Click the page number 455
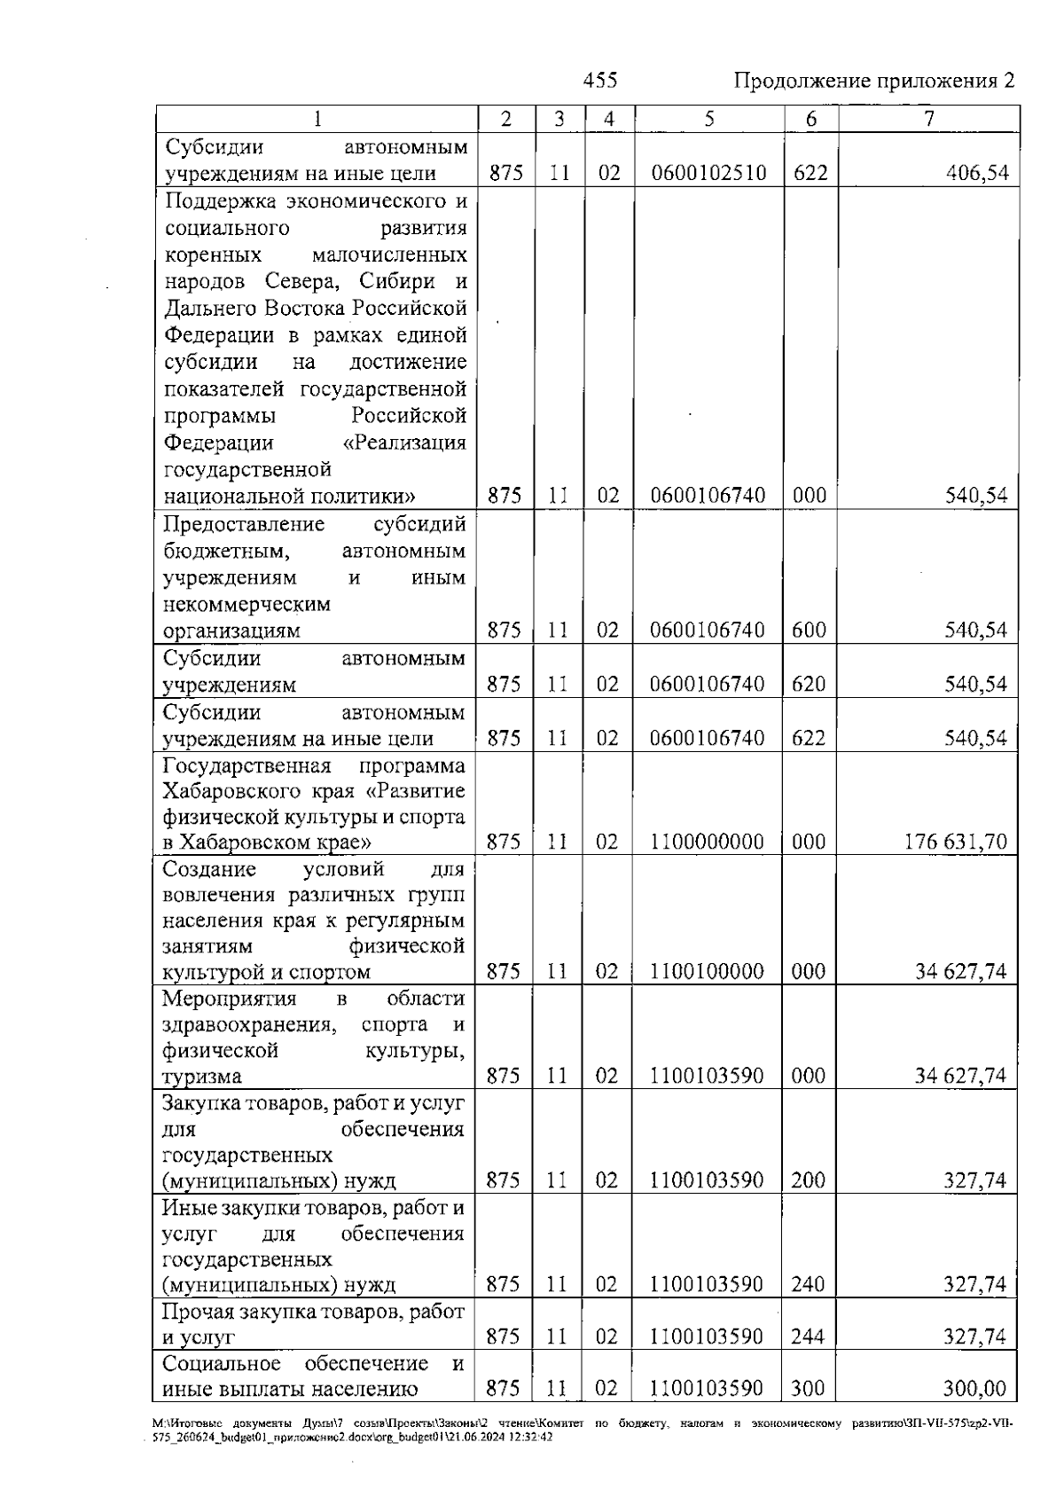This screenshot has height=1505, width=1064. (x=600, y=82)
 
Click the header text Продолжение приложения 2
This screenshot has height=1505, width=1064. (x=874, y=82)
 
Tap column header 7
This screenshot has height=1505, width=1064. (x=928, y=119)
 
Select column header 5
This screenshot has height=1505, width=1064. (x=709, y=119)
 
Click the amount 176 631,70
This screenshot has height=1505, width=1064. (x=956, y=842)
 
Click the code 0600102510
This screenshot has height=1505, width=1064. (x=708, y=173)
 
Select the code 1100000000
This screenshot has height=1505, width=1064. (x=707, y=842)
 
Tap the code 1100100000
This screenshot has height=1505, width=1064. (x=707, y=972)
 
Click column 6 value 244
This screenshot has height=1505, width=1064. (x=808, y=1336)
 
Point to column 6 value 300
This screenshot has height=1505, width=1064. (x=808, y=1390)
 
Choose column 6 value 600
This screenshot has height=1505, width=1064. (x=809, y=631)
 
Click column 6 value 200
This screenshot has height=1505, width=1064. (x=808, y=1180)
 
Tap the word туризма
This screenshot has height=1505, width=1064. (x=201, y=1077)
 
